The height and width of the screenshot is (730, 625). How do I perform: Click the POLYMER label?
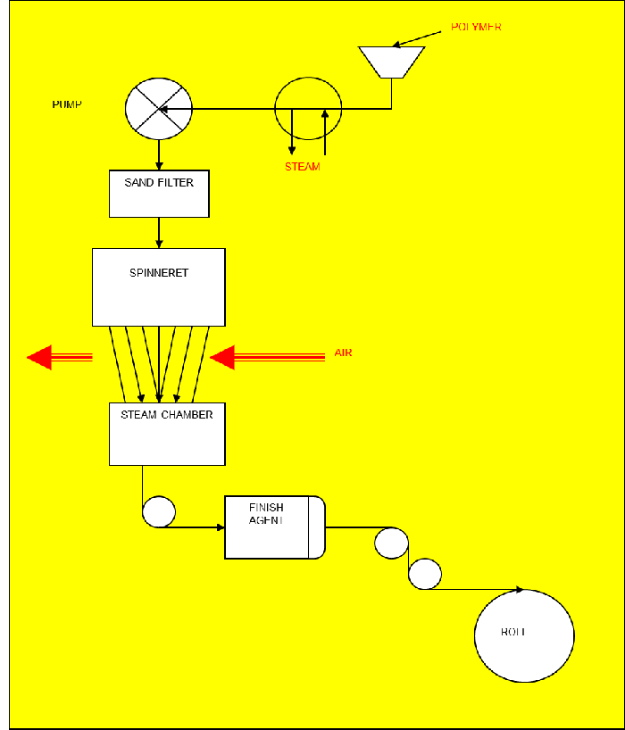click(x=476, y=27)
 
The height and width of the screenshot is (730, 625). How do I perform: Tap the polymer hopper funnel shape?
click(x=391, y=62)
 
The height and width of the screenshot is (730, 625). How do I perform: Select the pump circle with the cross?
click(x=159, y=109)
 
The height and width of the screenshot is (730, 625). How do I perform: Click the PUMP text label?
click(x=67, y=104)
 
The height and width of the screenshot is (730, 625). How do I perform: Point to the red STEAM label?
click(x=302, y=167)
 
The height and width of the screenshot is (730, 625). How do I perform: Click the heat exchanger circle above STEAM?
click(x=308, y=108)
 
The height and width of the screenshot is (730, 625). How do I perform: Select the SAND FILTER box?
click(x=159, y=193)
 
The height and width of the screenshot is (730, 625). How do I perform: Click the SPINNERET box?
click(x=159, y=286)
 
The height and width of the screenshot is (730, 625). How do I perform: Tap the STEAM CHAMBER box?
click(x=167, y=434)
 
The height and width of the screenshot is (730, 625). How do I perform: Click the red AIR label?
click(x=343, y=353)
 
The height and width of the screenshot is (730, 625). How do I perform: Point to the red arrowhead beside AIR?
click(x=221, y=357)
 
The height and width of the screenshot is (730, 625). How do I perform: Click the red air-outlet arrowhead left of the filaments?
click(x=40, y=357)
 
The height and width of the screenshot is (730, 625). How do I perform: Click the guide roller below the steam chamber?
click(x=159, y=511)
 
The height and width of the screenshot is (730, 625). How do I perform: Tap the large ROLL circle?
click(x=524, y=635)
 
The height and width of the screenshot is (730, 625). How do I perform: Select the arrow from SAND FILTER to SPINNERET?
click(x=159, y=232)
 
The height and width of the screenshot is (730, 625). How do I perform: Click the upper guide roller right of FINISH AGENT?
click(x=391, y=543)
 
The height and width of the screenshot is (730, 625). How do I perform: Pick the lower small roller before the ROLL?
click(x=425, y=574)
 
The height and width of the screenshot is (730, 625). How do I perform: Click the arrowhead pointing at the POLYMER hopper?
click(x=400, y=44)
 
